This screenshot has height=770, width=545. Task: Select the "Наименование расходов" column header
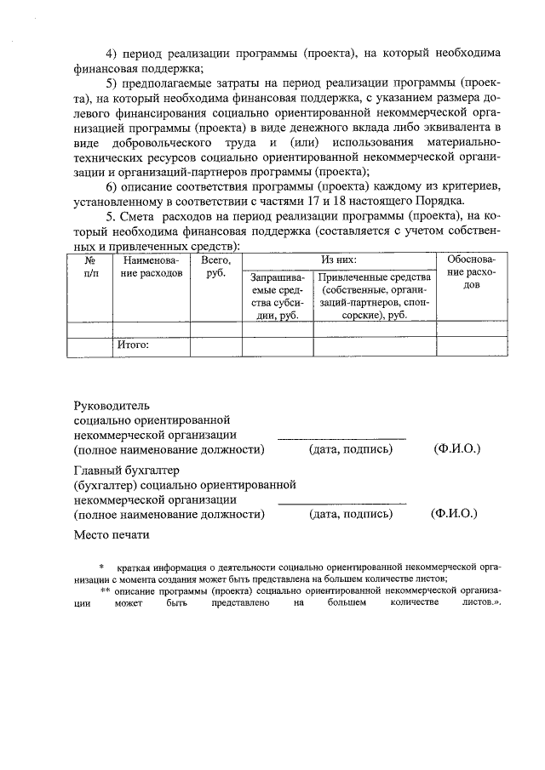(152, 265)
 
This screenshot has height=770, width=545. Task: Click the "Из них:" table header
(338, 259)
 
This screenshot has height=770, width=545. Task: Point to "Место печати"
(112, 535)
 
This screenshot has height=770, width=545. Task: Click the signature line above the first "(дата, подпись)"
(342, 438)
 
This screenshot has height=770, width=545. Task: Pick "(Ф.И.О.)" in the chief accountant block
(455, 514)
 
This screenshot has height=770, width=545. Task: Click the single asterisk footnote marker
(101, 567)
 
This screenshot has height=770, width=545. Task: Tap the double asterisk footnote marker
(106, 590)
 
